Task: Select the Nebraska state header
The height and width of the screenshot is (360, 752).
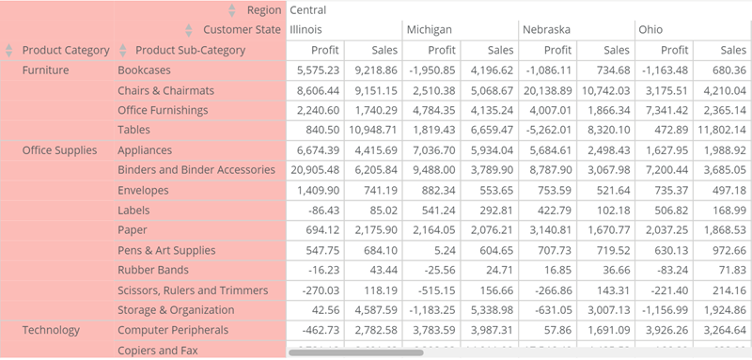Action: tap(546, 30)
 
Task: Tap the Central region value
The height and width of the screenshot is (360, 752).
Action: tap(308, 10)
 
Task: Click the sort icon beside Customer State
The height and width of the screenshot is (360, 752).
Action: tap(189, 30)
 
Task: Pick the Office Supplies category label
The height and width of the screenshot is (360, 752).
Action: tap(59, 150)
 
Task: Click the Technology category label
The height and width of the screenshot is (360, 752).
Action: tap(51, 330)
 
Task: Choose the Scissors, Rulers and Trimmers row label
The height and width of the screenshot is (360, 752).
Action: tap(193, 290)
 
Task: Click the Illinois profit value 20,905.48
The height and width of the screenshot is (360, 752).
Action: tap(317, 170)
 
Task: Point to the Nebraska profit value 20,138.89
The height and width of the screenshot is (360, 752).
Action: tap(545, 90)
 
